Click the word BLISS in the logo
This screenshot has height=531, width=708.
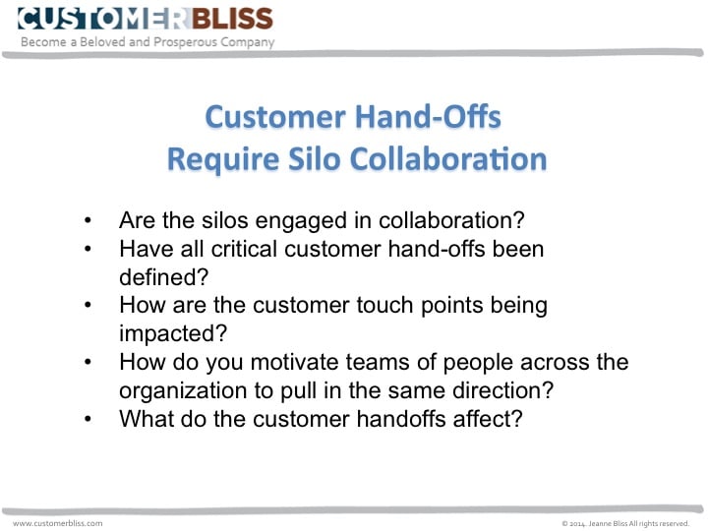click(230, 18)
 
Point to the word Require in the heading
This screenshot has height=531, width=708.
click(208, 157)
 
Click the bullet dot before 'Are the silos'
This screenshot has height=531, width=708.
click(91, 221)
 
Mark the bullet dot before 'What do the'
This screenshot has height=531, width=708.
click(91, 418)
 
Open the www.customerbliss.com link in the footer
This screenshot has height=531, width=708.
click(57, 523)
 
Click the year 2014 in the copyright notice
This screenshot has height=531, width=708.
click(576, 523)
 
